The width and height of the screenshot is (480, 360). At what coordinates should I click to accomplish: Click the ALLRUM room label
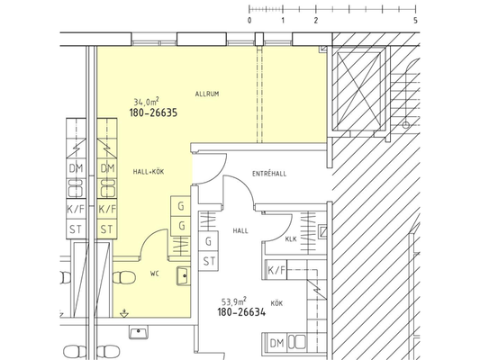point(207,94)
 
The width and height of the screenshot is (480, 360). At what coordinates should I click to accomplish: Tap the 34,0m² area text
point(146,102)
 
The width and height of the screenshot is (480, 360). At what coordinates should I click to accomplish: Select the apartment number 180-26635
point(153,112)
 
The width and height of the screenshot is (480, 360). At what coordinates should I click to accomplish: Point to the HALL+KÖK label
point(149,172)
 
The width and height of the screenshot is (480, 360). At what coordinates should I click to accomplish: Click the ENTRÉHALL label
point(269,174)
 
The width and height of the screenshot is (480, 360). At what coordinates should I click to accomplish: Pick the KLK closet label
point(291,239)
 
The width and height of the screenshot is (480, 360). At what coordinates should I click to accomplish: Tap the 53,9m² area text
point(234,301)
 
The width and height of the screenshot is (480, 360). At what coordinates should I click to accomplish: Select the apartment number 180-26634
point(241,312)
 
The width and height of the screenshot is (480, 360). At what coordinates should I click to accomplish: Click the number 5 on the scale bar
point(415,21)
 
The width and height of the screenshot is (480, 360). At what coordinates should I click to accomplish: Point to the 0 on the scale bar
point(249,21)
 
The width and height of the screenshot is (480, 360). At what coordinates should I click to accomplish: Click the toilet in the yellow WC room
point(124,278)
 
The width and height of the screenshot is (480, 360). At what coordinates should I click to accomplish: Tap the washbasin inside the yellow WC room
point(184,276)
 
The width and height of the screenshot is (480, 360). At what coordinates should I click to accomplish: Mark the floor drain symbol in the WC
point(124,313)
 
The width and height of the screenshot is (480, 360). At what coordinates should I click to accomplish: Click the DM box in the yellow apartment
point(107,168)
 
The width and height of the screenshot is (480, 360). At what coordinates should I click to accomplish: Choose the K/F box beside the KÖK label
point(276,270)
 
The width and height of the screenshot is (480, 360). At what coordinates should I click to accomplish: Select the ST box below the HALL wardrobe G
point(209,262)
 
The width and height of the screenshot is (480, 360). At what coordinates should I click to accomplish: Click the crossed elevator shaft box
point(358,89)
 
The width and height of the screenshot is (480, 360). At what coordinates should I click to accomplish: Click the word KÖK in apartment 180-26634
point(276,303)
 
